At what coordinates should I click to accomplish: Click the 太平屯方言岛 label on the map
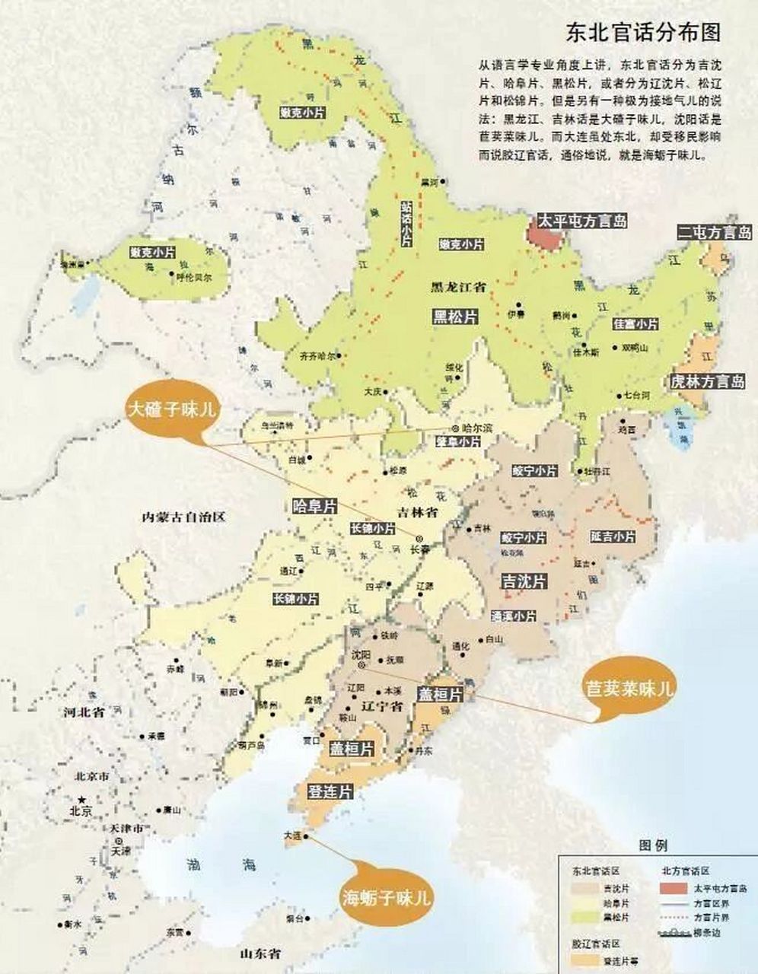pos(582,221)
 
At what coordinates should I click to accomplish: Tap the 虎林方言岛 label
pos(707,382)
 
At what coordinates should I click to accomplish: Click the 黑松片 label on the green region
pos(456,317)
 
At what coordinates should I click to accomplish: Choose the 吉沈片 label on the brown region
pos(524,581)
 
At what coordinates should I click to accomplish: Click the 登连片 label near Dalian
pos(330,791)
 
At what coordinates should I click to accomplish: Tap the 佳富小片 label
pos(635,324)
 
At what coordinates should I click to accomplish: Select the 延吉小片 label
pos(612,536)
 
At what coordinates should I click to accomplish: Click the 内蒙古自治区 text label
pos(184,517)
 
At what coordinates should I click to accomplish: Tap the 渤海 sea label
pos(221,864)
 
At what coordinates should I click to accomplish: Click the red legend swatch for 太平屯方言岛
pos(674,887)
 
